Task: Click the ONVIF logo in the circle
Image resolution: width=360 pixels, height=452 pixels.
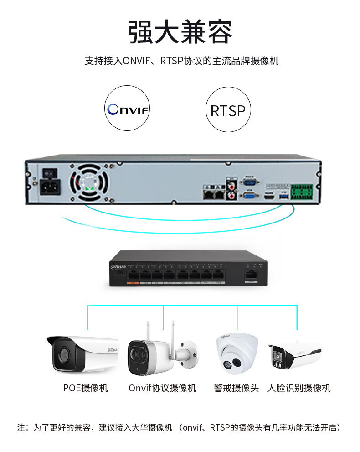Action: (x=128, y=110)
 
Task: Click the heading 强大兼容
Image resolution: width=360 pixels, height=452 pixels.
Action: (x=180, y=32)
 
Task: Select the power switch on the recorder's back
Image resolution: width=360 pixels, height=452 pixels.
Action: (x=50, y=174)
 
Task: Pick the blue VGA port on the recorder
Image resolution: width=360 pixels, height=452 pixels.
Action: (x=249, y=196)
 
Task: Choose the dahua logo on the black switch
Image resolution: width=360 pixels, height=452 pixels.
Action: (x=118, y=266)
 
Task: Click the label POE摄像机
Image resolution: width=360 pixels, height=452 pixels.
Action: (x=85, y=388)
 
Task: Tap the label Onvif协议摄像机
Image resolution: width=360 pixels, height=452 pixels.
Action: (x=162, y=388)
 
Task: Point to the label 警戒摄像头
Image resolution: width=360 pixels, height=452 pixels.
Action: (x=236, y=388)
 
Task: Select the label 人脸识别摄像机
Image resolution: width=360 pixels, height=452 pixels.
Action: (x=298, y=388)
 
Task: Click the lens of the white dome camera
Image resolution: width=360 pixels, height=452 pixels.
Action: (x=236, y=363)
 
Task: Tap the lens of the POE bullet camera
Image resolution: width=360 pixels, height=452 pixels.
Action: (x=63, y=353)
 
